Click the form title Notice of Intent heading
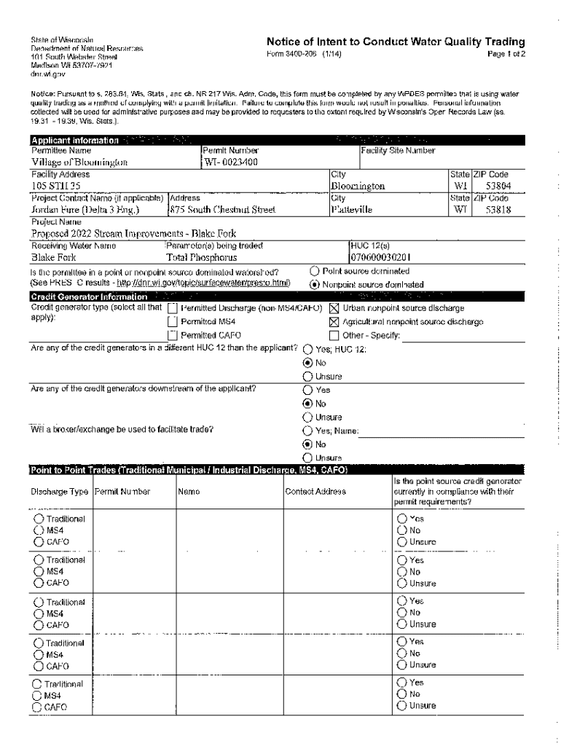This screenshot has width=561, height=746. pyautogui.click(x=396, y=42)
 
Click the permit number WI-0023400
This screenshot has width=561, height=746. pyautogui.click(x=231, y=162)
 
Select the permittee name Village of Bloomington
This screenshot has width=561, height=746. pyautogui.click(x=79, y=162)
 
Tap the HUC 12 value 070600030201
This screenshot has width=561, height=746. pyautogui.click(x=380, y=258)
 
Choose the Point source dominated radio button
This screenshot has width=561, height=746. pyautogui.click(x=315, y=271)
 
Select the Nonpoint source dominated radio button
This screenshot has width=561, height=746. pyautogui.click(x=315, y=284)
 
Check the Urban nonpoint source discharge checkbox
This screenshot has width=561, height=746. pyautogui.click(x=334, y=308)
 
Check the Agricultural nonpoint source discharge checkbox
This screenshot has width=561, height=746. pyautogui.click(x=334, y=322)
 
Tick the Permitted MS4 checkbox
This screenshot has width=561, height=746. pyautogui.click(x=173, y=322)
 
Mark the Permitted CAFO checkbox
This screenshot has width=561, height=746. pyautogui.click(x=173, y=336)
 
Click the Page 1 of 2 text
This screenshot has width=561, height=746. pyautogui.click(x=506, y=54)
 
